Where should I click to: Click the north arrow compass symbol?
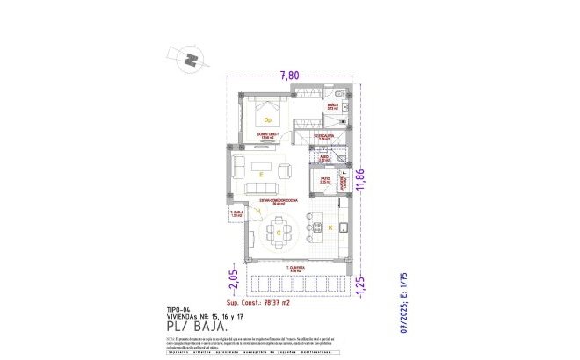tap(192, 61)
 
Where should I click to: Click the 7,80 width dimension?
tap(291, 76)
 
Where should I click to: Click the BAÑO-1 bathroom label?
tap(333, 105)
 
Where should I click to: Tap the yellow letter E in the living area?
tap(261, 176)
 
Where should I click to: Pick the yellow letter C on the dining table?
tap(279, 233)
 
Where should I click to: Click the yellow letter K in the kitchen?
tap(330, 228)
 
